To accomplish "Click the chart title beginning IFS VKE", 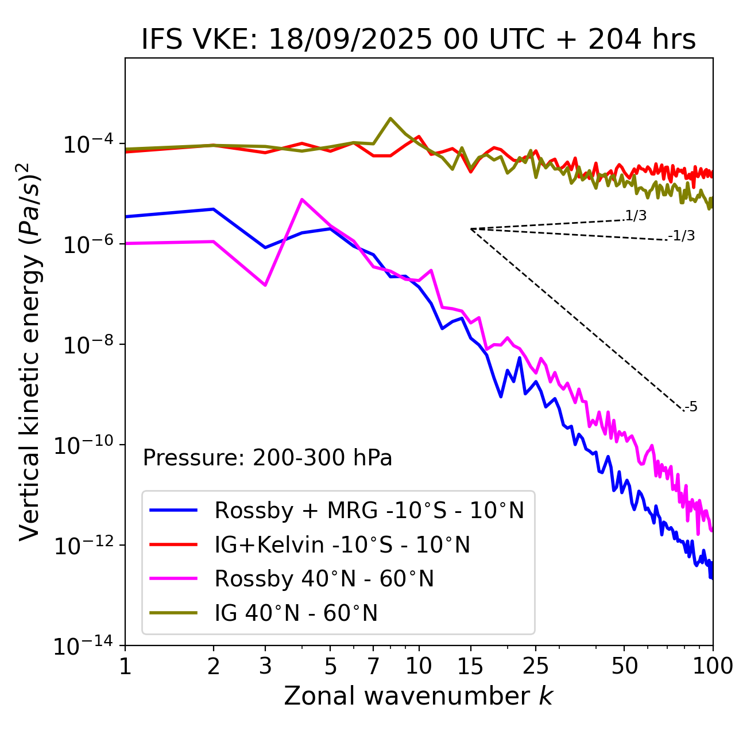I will coord(419,40).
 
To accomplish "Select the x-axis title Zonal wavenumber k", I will coord(419,696).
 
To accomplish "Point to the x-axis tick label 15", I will coord(470,666).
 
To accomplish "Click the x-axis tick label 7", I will coord(373,666).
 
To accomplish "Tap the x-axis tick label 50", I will coord(625,666).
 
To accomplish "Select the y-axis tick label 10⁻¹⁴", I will coord(83,647).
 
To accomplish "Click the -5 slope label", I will coord(691,407).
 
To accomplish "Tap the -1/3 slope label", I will coord(682,236).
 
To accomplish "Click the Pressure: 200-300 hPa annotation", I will coord(267,458).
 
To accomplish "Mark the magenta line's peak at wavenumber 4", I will coord(302,199).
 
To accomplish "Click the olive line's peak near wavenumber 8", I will coord(390,118).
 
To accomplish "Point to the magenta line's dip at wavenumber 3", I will coord(265,285).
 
